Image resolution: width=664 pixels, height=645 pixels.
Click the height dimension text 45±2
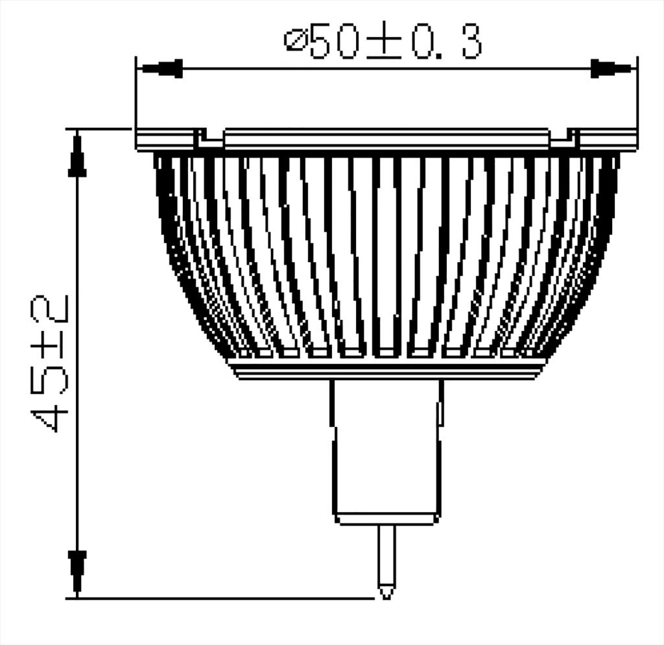[x=53, y=363]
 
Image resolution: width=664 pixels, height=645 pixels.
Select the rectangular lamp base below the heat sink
[x=386, y=448]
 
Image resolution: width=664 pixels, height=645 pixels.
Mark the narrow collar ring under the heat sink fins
[x=387, y=370]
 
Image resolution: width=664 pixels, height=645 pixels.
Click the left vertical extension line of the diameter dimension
[x=136, y=97]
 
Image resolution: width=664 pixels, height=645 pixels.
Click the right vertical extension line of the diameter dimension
[x=637, y=97]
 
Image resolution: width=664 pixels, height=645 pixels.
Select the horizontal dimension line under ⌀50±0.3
[x=386, y=68]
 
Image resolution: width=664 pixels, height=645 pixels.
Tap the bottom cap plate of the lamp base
[x=386, y=518]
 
